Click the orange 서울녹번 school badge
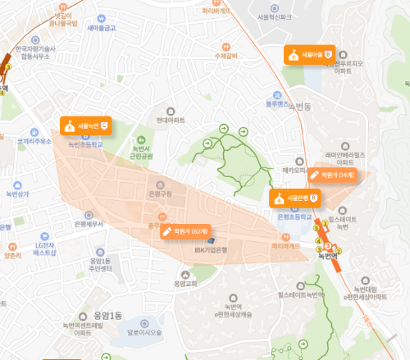tap(85, 126)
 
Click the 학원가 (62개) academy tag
tap(186, 230)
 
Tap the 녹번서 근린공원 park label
tap(142, 152)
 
